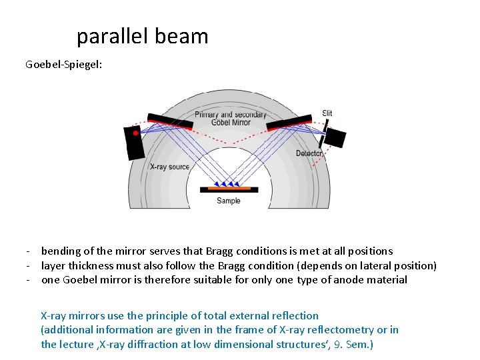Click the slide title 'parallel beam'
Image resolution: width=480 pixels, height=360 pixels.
pyautogui.click(x=142, y=36)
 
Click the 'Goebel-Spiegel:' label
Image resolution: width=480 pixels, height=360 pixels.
pyautogui.click(x=64, y=65)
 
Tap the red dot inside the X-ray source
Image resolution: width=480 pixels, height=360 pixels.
pyautogui.click(x=135, y=133)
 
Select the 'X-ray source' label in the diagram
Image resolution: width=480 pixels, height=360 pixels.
pyautogui.click(x=169, y=167)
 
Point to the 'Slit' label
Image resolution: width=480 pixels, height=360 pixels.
pyautogui.click(x=327, y=113)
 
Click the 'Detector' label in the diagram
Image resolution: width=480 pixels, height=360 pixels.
pyautogui.click(x=309, y=153)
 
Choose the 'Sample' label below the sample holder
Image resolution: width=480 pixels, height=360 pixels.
pyautogui.click(x=229, y=201)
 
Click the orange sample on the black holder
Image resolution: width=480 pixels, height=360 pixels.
pyautogui.click(x=229, y=187)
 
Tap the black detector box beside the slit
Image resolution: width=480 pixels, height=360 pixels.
pyautogui.click(x=335, y=137)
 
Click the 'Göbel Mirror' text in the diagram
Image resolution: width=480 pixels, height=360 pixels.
pyautogui.click(x=231, y=123)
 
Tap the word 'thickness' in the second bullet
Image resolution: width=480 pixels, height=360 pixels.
pyautogui.click(x=91, y=265)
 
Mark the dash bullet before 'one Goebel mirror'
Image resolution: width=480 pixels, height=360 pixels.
pyautogui.click(x=29, y=280)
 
